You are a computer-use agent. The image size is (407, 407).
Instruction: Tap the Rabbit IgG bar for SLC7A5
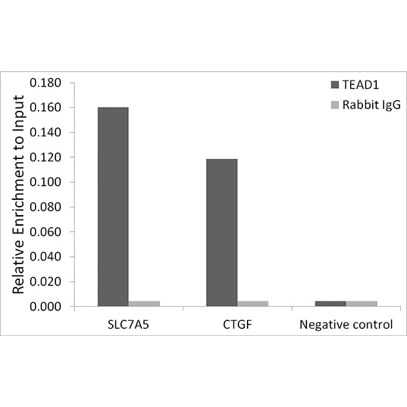pyautogui.click(x=144, y=304)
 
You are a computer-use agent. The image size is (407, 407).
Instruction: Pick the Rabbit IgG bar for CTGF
pyautogui.click(x=253, y=304)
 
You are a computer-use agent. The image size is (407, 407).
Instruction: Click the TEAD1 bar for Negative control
pyautogui.click(x=330, y=304)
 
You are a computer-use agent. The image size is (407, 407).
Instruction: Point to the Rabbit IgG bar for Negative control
pyautogui.click(x=361, y=304)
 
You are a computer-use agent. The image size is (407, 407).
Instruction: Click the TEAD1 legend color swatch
pyautogui.click(x=336, y=85)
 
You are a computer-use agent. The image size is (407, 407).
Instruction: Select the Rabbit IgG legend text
pyautogui.click(x=371, y=105)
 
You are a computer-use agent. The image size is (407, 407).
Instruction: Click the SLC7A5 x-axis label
pyautogui.click(x=128, y=324)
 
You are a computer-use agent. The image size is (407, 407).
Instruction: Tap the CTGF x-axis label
pyautogui.click(x=237, y=324)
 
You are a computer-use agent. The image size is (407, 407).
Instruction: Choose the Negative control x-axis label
pyautogui.click(x=346, y=324)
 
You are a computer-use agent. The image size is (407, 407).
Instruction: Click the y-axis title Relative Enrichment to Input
pyautogui.click(x=19, y=195)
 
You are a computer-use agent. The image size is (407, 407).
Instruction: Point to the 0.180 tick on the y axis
pyautogui.click(x=46, y=83)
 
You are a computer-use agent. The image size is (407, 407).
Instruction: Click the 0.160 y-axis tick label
pyautogui.click(x=46, y=108)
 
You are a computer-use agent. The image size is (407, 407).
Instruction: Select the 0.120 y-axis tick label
pyautogui.click(x=46, y=158)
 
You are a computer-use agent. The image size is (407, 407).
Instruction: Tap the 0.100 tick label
pyautogui.click(x=46, y=182)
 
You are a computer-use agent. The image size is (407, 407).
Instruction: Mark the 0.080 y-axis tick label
pyautogui.click(x=46, y=207)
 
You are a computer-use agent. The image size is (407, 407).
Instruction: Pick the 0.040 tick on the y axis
pyautogui.click(x=46, y=257)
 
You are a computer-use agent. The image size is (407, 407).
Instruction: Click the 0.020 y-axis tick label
pyautogui.click(x=46, y=282)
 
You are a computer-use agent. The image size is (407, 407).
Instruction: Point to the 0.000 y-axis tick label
pyautogui.click(x=46, y=307)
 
